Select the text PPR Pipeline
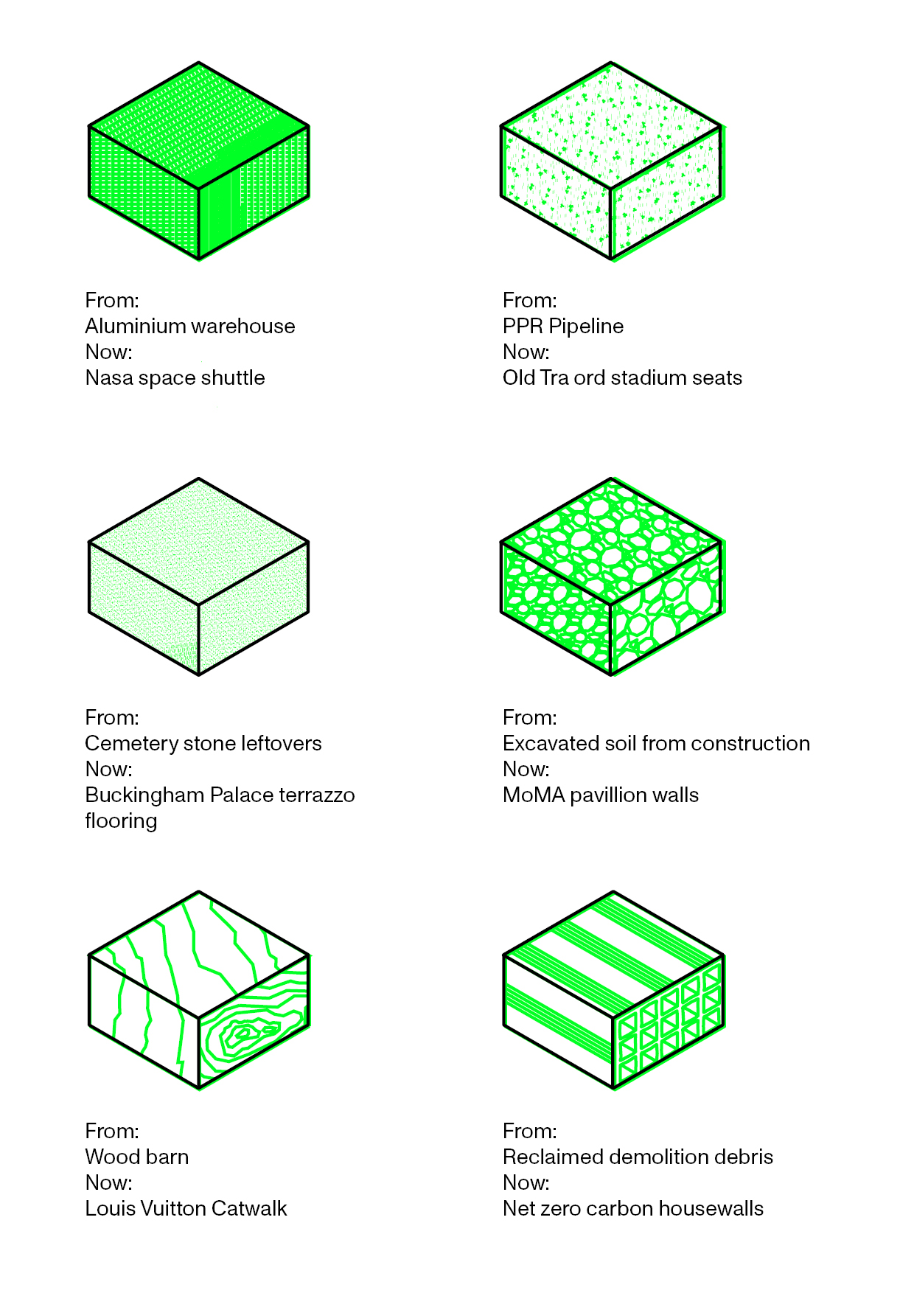coord(562,326)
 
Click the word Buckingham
coord(144,795)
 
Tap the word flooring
coord(121,820)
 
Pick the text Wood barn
coord(136,1157)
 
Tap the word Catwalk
coord(249,1208)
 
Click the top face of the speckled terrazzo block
coord(199,540)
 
